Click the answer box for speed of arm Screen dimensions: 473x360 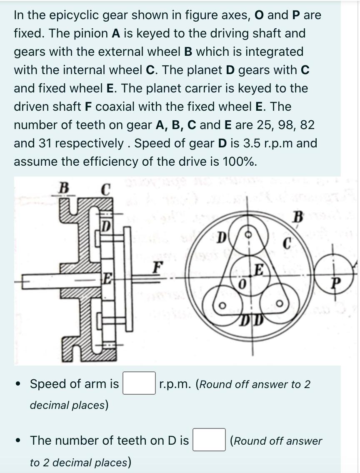(139, 383)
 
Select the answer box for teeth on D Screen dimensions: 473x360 (209, 440)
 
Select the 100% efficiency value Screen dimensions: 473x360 (238, 162)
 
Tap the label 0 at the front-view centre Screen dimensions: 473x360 (241, 284)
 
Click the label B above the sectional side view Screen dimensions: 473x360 (63, 187)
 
